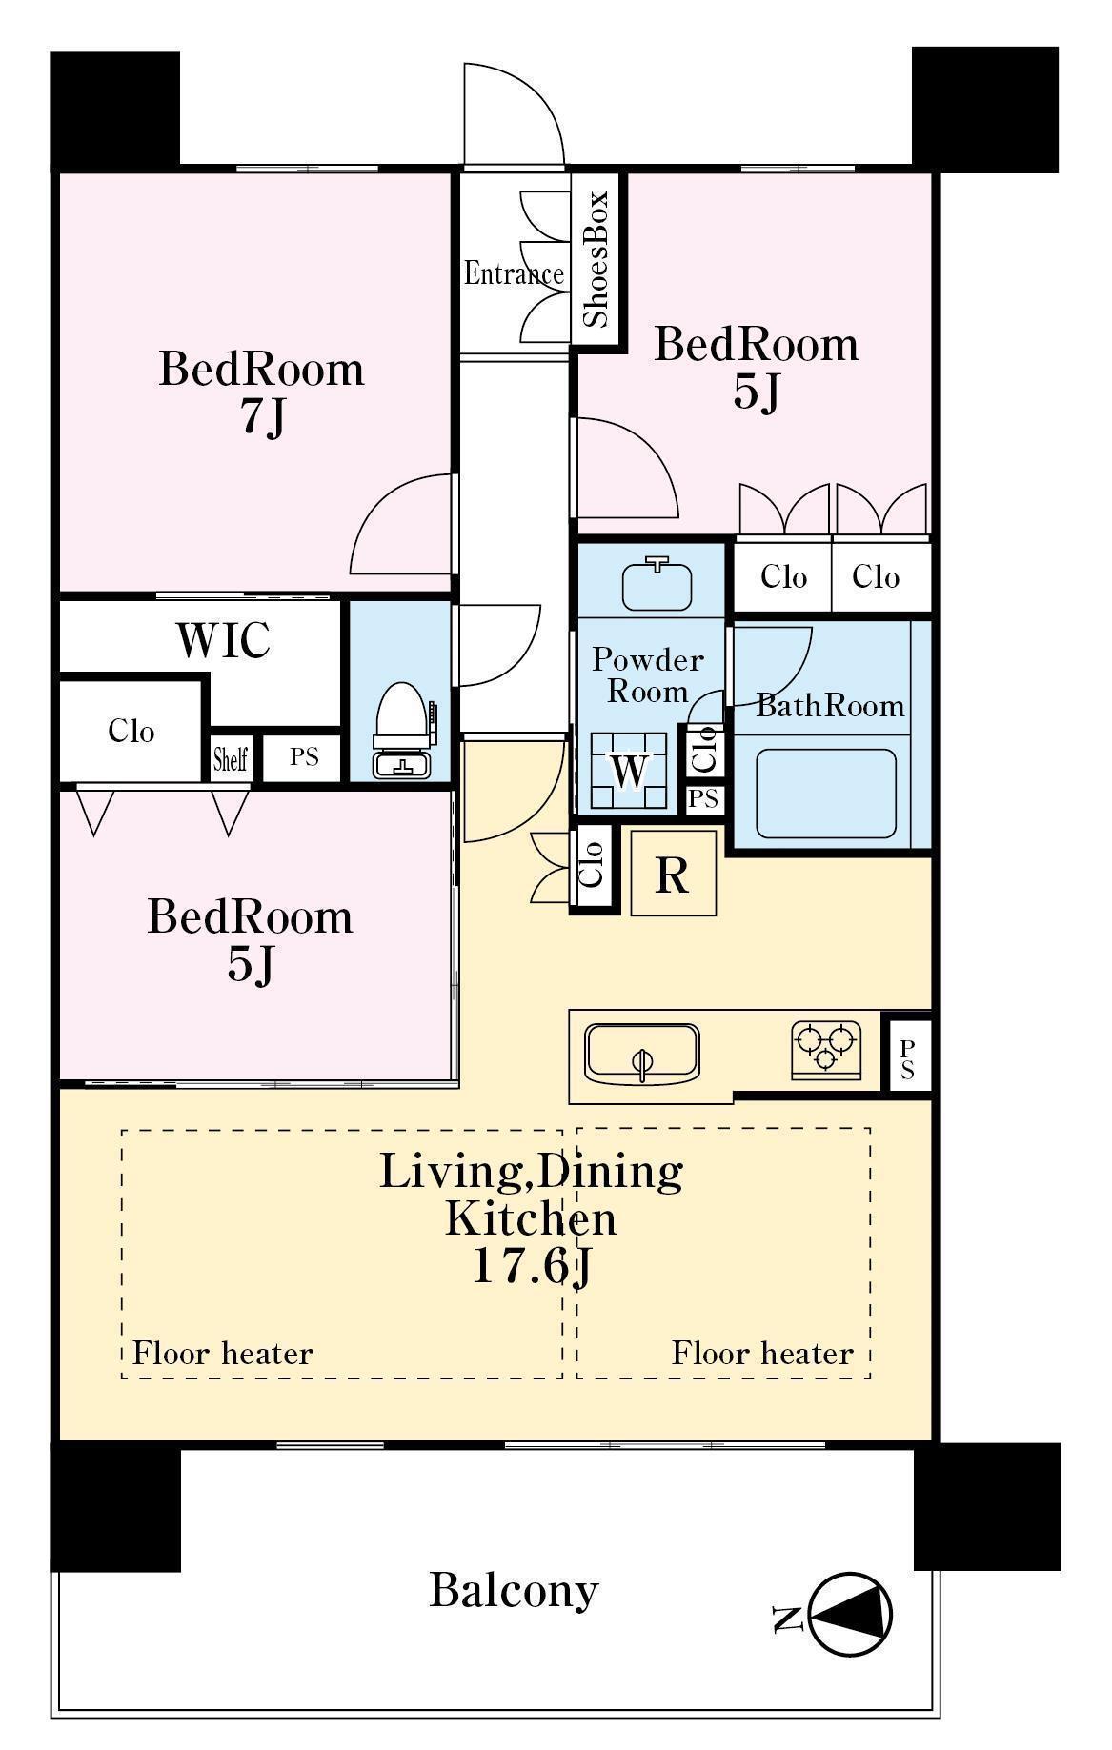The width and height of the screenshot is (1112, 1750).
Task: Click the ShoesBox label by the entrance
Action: pyautogui.click(x=596, y=259)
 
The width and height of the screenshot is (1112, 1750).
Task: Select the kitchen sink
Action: pyautogui.click(x=642, y=1054)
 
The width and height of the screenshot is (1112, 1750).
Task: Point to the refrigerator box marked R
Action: pyautogui.click(x=674, y=874)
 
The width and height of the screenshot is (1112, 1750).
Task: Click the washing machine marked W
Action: pyautogui.click(x=629, y=771)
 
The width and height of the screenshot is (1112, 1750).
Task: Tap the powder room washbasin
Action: pyautogui.click(x=657, y=584)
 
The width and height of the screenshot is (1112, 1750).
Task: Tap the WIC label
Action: pyautogui.click(x=224, y=641)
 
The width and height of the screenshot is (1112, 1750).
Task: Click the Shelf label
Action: pyautogui.click(x=231, y=759)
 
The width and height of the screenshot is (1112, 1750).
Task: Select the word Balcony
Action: pyautogui.click(x=514, y=1590)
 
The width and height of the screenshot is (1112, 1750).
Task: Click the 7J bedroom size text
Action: pyautogui.click(x=262, y=416)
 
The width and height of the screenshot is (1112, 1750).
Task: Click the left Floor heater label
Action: pyautogui.click(x=223, y=1354)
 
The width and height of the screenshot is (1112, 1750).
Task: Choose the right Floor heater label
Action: pyautogui.click(x=762, y=1354)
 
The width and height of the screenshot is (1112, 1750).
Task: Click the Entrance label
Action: pyautogui.click(x=514, y=274)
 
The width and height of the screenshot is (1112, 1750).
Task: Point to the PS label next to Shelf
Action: pyautogui.click(x=304, y=757)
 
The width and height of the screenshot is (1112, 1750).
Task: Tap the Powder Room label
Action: pyautogui.click(x=648, y=674)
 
